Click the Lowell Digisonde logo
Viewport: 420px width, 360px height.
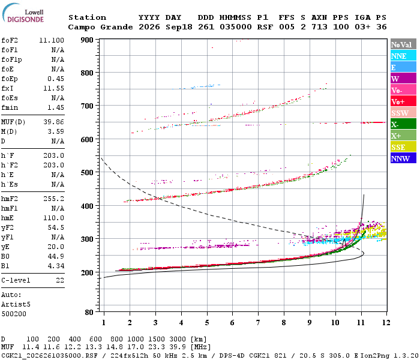tap(23, 13)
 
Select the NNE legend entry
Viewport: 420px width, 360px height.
tap(403, 56)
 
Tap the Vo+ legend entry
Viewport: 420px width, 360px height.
tap(403, 101)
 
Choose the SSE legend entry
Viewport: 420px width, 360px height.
tap(403, 147)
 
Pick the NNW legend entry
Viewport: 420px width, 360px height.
tap(403, 158)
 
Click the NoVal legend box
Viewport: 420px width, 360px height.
tap(403, 44)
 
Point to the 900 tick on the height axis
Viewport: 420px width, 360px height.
tap(87, 40)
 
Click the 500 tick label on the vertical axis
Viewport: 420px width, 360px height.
tap(87, 172)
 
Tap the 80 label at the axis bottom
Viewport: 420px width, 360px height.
tap(89, 312)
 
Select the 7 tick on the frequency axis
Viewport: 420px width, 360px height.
tap(258, 322)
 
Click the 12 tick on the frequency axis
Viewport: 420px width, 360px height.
tap(386, 322)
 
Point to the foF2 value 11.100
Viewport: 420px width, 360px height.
tap(52, 40)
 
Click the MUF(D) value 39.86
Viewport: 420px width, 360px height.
tap(54, 122)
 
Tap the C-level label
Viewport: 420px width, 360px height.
tap(16, 280)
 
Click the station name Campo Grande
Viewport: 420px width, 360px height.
tap(100, 27)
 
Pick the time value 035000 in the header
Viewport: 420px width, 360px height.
tap(235, 27)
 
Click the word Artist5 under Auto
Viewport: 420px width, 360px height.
tap(16, 305)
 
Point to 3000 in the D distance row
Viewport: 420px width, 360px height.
tap(178, 339)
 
